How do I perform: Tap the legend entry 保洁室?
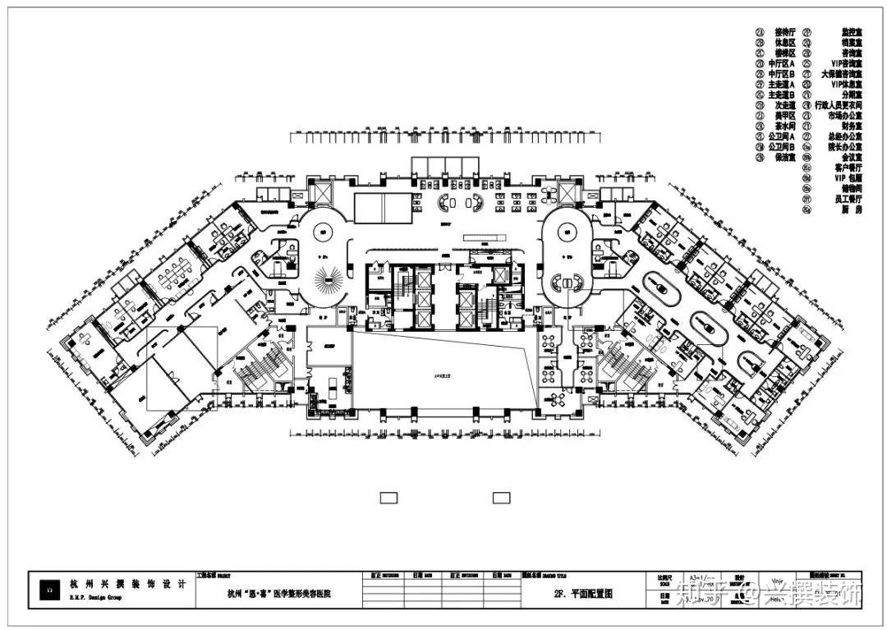785,157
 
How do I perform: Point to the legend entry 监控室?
849,31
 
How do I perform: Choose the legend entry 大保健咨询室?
841,73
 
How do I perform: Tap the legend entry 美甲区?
785,116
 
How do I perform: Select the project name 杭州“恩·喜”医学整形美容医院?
283,592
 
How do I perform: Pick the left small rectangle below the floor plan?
388,497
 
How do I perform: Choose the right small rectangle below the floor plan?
501,497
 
